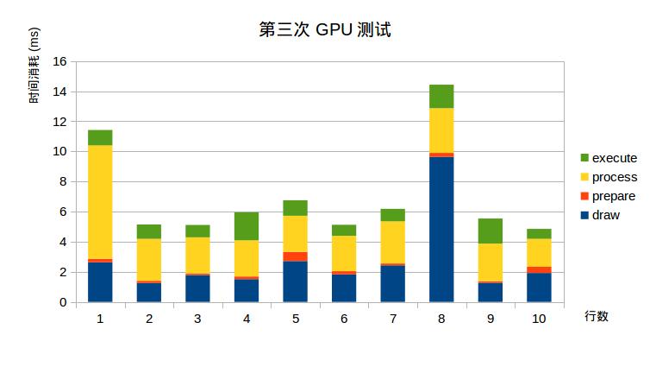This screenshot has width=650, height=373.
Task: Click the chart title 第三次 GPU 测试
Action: coord(324,30)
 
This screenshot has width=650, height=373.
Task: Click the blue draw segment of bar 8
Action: coord(441,229)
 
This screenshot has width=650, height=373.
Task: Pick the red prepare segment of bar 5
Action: coord(296,256)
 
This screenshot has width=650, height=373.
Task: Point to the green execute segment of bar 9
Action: coord(491,231)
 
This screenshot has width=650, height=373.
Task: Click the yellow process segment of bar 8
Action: coord(441,130)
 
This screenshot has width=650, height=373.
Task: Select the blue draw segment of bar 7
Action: coord(393,283)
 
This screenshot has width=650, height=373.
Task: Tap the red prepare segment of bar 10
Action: coord(539,270)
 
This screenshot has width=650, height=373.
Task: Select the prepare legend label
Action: coord(614,196)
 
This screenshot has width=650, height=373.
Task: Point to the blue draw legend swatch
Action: coord(584,215)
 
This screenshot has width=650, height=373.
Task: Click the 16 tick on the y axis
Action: coord(59,61)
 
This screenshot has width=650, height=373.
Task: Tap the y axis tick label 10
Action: coord(59,152)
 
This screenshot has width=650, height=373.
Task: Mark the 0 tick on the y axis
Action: coord(63,302)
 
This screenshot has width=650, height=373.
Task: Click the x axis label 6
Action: coord(344,319)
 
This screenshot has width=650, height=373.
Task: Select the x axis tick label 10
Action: coord(539,319)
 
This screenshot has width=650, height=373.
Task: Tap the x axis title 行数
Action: coord(596,316)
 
